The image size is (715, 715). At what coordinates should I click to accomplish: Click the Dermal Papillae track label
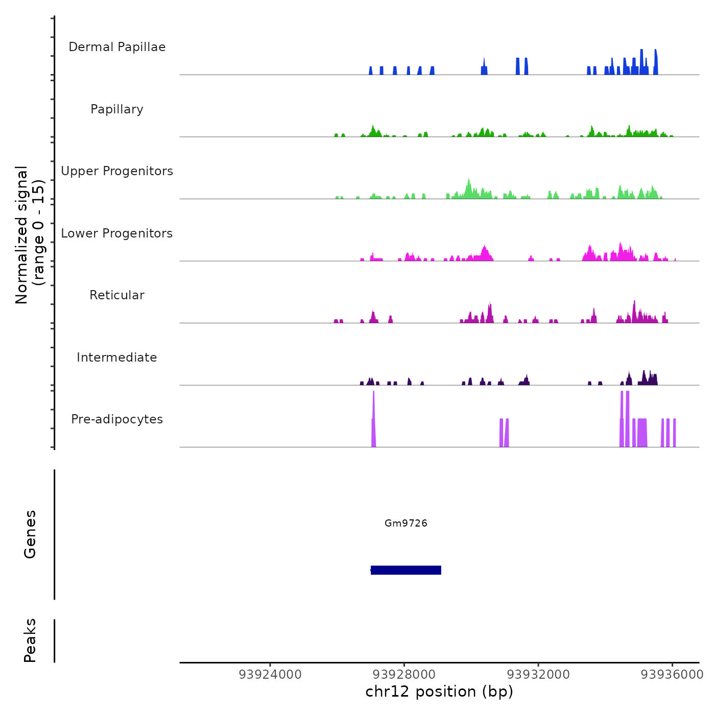pos(117,47)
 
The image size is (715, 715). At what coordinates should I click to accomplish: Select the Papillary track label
pos(117,109)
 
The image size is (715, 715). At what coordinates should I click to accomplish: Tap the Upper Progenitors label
pos(117,171)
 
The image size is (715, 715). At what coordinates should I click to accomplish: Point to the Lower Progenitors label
pos(117,233)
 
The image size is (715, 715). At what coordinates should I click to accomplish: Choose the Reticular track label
pos(117,295)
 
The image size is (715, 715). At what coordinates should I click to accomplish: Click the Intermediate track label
pos(117,357)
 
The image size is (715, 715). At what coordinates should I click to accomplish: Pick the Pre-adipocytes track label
pos(117,419)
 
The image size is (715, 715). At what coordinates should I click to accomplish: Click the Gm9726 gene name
pos(406,523)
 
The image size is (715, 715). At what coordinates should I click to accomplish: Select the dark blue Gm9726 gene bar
pos(406,570)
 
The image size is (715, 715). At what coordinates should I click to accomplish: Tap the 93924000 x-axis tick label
pos(270,675)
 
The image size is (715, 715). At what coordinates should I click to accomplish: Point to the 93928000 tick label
pos(404,675)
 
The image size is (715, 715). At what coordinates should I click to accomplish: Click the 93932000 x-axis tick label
pos(538,675)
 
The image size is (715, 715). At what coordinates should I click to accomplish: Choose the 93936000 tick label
pos(672,675)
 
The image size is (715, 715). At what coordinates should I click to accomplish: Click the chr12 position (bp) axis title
pos(439,692)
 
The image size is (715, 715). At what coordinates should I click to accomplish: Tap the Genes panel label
pos(30,534)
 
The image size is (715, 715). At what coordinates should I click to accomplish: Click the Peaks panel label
pos(30,640)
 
